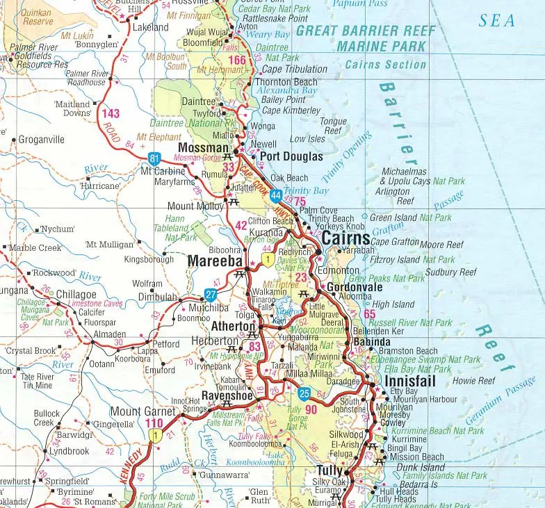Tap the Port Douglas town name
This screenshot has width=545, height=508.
pyautogui.click(x=291, y=157)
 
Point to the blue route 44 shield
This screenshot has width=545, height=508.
pyautogui.click(x=276, y=196)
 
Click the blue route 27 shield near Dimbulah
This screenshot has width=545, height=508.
pyautogui.click(x=211, y=294)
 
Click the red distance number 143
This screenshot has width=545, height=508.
pyautogui.click(x=111, y=114)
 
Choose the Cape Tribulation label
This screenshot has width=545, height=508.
pyautogui.click(x=295, y=69)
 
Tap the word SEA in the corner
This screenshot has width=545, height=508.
pyautogui.click(x=497, y=20)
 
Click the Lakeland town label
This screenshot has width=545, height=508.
pyautogui.click(x=150, y=27)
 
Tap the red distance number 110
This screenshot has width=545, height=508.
pyautogui.click(x=154, y=423)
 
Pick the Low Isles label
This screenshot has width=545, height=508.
pyautogui.click(x=307, y=139)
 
